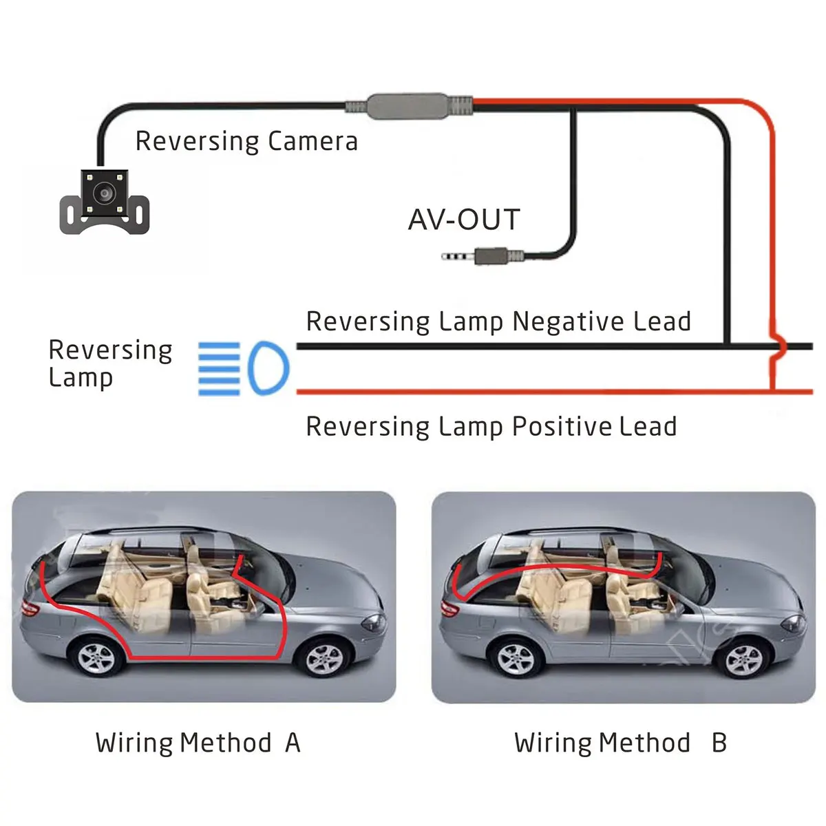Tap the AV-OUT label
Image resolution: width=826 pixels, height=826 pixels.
tap(463, 220)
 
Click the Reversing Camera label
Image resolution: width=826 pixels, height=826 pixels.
tap(246, 141)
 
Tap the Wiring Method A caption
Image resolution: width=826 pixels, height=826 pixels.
tap(198, 743)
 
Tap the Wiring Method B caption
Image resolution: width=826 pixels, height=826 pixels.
tap(620, 743)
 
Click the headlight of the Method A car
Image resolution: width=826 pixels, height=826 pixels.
tap(374, 623)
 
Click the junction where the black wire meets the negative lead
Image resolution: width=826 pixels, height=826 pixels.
tap(727, 346)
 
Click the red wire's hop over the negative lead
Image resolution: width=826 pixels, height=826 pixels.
tap(775, 346)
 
